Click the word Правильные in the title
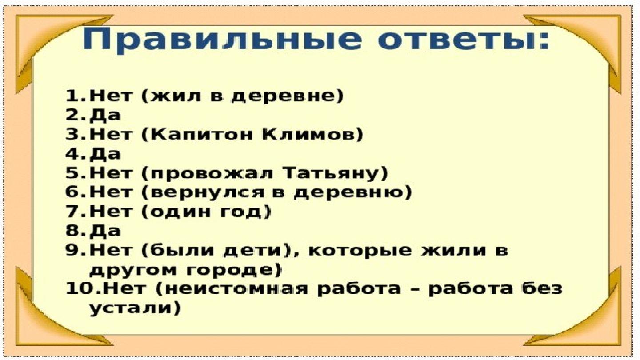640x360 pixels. click(x=221, y=40)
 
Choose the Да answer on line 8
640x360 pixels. click(x=105, y=231)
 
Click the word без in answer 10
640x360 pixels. click(x=538, y=288)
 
